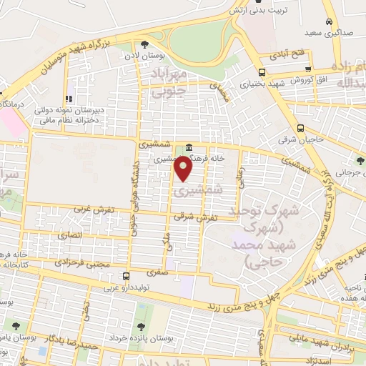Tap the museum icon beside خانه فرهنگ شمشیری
point(189,148)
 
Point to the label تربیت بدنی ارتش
point(257,11)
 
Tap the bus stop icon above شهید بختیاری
point(261,71)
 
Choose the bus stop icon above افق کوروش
point(308,69)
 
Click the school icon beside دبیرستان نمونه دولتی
point(69,99)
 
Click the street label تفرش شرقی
point(199,217)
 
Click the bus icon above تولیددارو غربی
point(127,276)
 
